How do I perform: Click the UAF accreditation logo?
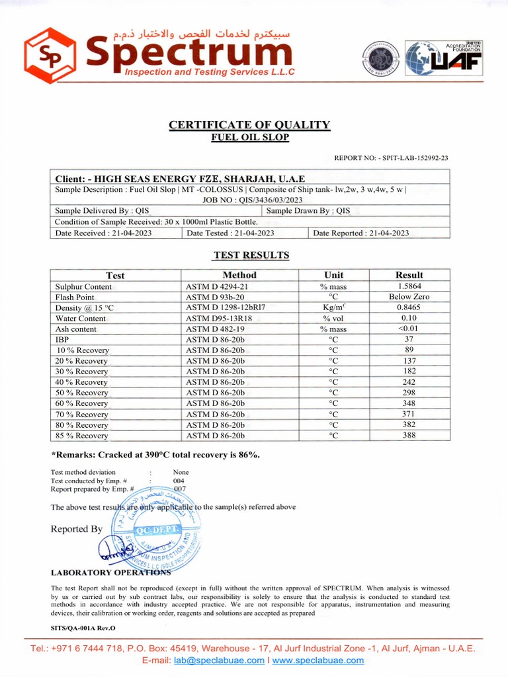coord(444,60)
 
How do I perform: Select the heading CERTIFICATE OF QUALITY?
coord(249,125)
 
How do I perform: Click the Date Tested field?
coord(230,233)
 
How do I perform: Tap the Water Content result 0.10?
coord(409,318)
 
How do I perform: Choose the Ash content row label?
coord(76,329)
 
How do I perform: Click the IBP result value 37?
coord(409,339)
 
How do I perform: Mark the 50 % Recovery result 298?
coord(409,393)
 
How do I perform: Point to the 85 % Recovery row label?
coord(82,436)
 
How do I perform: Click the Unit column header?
coord(333,275)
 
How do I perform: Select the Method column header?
coord(239,275)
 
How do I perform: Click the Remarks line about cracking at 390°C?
coord(156,455)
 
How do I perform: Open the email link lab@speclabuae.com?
coord(218,660)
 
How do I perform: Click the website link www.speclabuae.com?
coord(318,660)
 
